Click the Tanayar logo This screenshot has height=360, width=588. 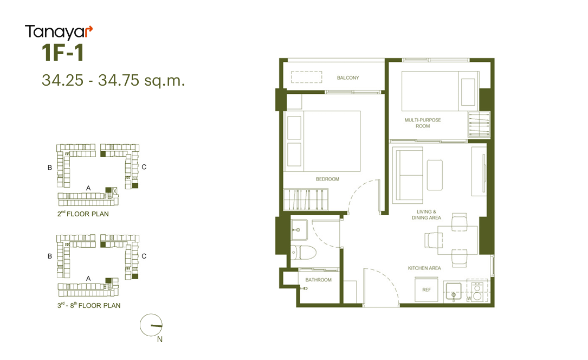pos(59,32)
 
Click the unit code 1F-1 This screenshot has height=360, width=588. pos(63,53)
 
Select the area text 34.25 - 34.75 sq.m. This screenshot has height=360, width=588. pos(113,80)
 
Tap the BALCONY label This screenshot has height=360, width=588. pos(347,78)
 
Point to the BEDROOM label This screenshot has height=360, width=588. pos(327,179)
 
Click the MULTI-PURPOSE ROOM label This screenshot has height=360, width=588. pos(423,123)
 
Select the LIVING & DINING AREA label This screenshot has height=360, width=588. pos(427,215)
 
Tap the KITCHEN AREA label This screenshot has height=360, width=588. pos(424,268)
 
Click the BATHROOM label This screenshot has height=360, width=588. pos(318,280)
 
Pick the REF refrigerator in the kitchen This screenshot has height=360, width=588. pos(427,289)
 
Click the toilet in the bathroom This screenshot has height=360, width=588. pos(303,253)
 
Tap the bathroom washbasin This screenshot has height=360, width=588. pos(299,230)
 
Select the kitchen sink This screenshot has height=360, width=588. pos(454,292)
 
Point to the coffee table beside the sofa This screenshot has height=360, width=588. pos(435,175)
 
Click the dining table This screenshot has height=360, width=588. pos(458,240)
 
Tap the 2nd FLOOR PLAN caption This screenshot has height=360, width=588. pos(83,214)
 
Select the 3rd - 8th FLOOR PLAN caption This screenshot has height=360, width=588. pos(89,305)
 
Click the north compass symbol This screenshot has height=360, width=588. pos(151,325)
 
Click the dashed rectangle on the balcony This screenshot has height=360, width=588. pos(307,77)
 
